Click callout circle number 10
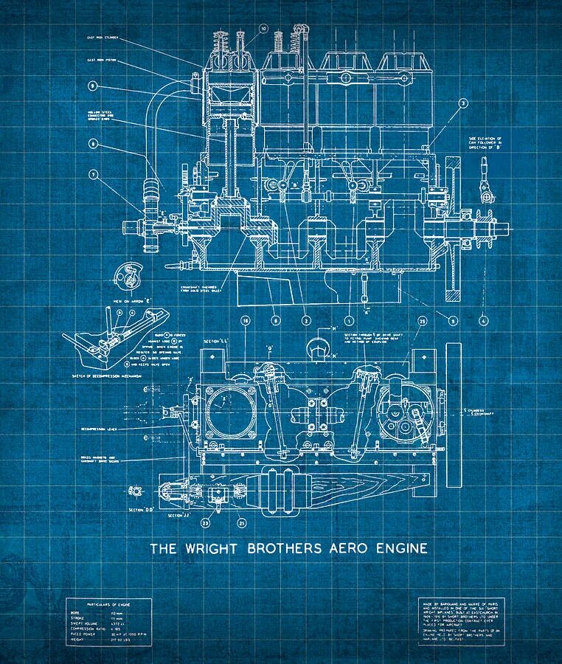point(263,29)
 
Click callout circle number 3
point(463,104)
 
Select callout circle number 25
point(422,321)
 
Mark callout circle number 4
point(483,320)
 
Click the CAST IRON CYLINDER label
point(103,36)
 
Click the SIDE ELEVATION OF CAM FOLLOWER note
point(485,143)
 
